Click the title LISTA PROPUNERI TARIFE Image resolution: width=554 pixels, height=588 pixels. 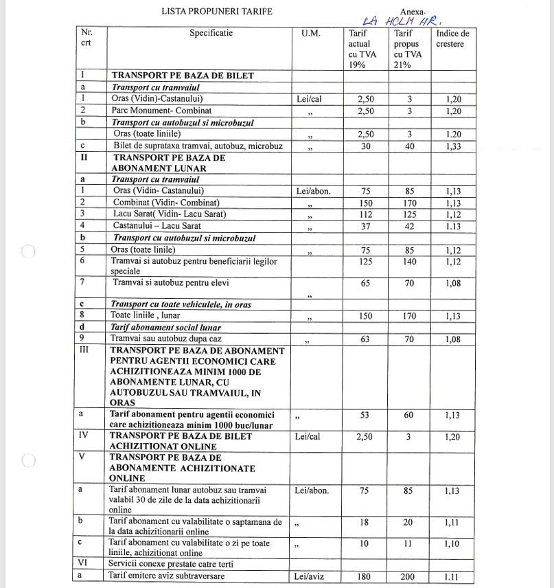(217, 11)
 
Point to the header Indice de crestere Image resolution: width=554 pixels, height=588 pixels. (452, 38)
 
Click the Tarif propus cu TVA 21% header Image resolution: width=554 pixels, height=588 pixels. (408, 49)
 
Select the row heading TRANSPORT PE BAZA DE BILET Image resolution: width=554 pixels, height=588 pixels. (183, 76)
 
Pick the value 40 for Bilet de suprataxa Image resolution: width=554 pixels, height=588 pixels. (408, 146)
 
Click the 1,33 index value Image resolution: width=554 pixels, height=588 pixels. (453, 146)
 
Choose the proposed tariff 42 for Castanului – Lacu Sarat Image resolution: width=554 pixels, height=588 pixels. (408, 226)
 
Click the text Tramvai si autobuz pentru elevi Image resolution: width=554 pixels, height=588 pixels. (171, 282)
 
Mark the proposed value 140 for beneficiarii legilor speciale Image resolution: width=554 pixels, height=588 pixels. (408, 262)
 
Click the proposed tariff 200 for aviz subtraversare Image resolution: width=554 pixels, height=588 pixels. (408, 576)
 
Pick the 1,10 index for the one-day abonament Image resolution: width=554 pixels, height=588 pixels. (453, 544)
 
